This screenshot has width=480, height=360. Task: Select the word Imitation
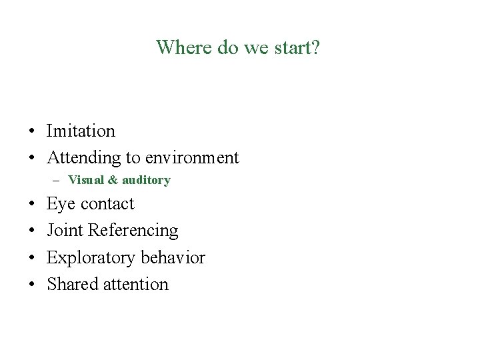click(81, 131)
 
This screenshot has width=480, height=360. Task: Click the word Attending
click(82, 158)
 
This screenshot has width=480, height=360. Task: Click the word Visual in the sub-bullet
click(83, 180)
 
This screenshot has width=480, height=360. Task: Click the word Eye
click(59, 204)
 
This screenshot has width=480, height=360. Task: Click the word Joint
click(65, 231)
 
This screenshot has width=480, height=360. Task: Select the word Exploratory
click(88, 258)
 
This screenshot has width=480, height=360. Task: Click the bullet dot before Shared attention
click(31, 285)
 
